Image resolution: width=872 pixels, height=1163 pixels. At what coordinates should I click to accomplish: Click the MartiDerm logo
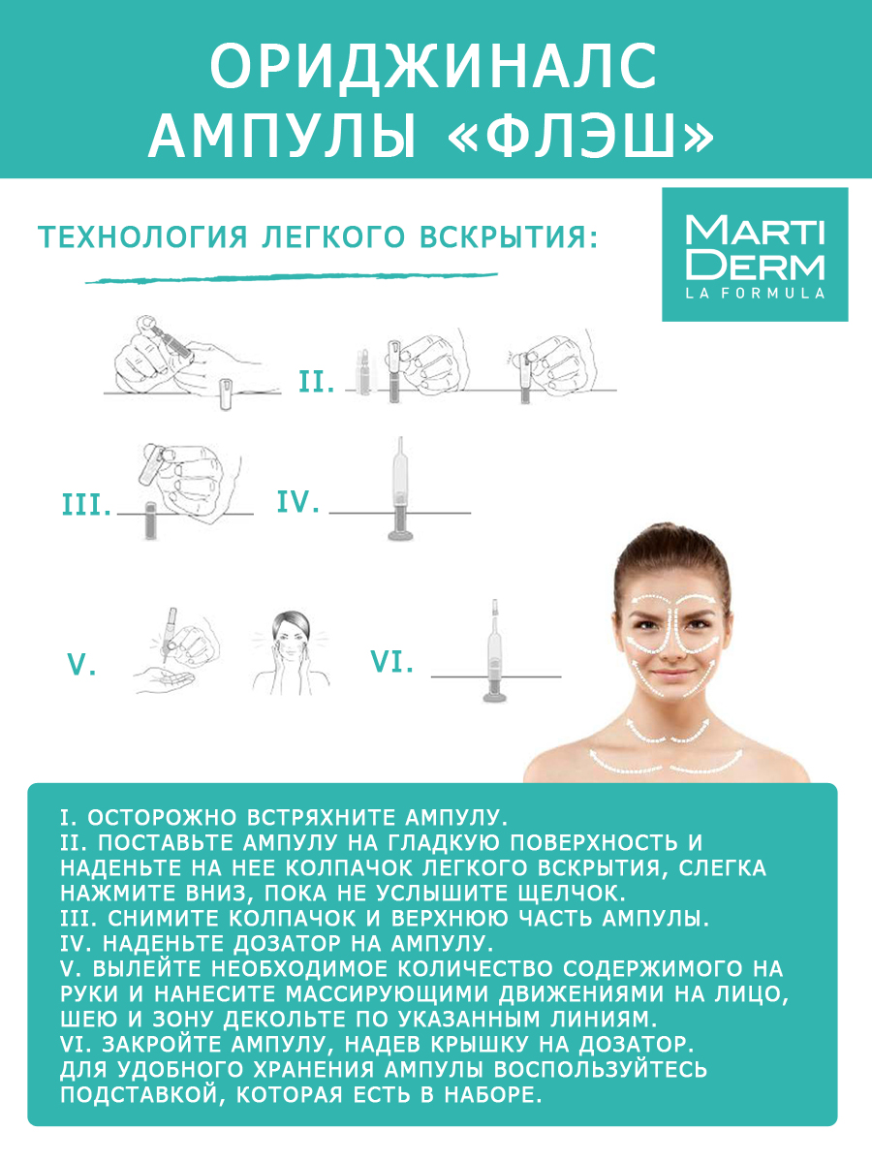click(755, 255)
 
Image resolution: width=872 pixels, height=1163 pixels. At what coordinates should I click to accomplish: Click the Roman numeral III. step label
click(86, 505)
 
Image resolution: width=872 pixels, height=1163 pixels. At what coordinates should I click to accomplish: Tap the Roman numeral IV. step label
click(297, 502)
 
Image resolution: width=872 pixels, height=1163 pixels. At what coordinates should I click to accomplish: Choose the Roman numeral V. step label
click(81, 666)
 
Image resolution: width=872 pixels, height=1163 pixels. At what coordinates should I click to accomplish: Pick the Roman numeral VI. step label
click(392, 663)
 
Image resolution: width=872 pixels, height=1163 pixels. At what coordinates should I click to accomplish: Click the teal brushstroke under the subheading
click(291, 277)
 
